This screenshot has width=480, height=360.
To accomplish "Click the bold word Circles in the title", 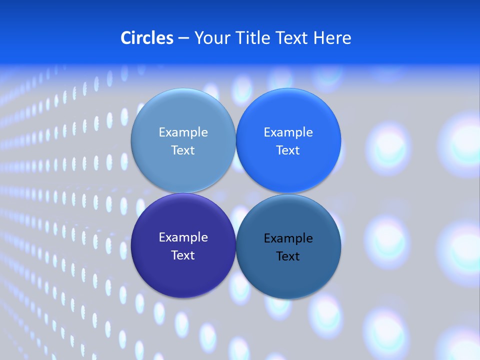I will point(147,38).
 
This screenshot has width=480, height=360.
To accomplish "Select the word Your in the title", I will point(210,38).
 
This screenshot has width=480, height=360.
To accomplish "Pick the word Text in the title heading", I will point(292,38).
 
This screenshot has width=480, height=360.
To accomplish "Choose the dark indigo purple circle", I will point(183,272).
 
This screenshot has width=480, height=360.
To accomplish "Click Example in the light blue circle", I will point(183,132).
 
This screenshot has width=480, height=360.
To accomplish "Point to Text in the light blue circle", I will point(183,150).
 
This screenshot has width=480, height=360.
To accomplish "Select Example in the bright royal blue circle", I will point(288,132).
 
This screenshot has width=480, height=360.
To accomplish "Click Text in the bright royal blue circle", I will point(288,150).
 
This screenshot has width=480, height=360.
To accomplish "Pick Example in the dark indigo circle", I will point(183,237).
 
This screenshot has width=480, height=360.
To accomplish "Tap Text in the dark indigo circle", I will point(183,255).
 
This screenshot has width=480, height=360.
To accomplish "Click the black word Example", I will point(288,238).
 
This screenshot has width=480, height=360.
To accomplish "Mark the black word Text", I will point(288,256).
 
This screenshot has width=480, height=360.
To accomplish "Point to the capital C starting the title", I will point(126,38).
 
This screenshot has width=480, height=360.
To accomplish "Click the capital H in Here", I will point(318,38).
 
